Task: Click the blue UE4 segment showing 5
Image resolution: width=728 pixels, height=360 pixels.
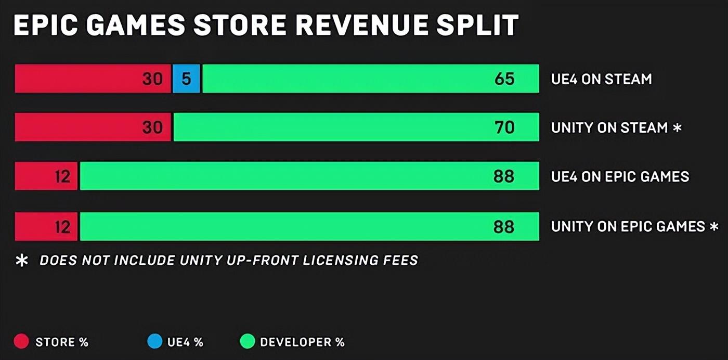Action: point(186,79)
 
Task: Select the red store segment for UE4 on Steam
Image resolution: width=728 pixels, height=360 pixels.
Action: point(93,79)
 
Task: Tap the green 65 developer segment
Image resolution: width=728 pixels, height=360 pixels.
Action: point(370,79)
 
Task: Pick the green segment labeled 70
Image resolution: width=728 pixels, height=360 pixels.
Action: point(356,127)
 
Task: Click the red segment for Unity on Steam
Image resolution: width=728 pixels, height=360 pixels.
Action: point(93,127)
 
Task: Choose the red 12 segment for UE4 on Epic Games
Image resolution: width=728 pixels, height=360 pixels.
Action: point(46,176)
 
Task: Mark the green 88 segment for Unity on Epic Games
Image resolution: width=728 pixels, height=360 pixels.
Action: point(309,226)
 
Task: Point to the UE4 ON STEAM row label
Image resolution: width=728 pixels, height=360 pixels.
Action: point(601,79)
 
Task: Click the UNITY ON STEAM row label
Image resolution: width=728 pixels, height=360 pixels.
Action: point(609,127)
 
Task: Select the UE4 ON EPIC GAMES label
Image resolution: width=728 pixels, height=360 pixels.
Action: point(620,176)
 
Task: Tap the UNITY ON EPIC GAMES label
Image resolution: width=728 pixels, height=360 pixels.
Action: point(628,226)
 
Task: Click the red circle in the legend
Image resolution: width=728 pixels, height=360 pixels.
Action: point(21,342)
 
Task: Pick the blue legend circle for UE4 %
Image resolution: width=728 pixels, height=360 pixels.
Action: point(154,342)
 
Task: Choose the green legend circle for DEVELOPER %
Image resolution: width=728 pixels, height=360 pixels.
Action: point(247,342)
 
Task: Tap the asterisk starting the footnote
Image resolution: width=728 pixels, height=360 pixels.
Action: point(22,260)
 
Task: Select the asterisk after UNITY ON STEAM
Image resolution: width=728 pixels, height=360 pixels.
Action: point(677,127)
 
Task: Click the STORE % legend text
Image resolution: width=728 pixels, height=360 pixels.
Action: point(62,342)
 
